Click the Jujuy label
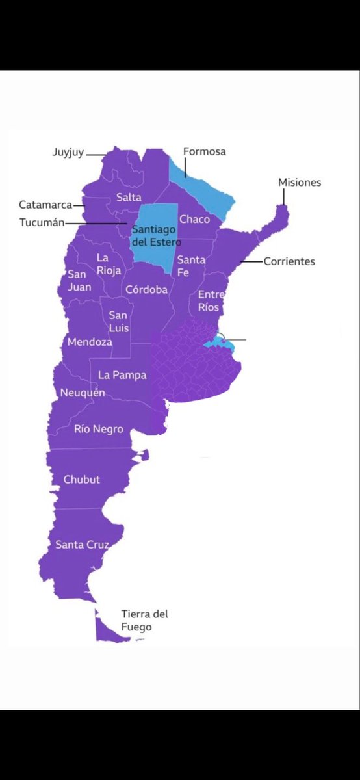coord(68,154)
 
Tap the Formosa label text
coord(204,151)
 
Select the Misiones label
coord(300,182)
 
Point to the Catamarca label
coord(45,205)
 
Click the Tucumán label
coord(42,222)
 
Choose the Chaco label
coord(194,219)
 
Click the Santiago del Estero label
coord(156,236)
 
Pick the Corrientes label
coord(289,261)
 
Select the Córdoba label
coord(146,289)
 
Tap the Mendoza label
coord(90,342)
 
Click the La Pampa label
coord(122,375)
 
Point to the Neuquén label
coord(82,393)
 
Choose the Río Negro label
coord(99,429)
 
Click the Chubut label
coord(82,480)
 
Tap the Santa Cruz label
coord(82,544)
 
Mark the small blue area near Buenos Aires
coord(214,343)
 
